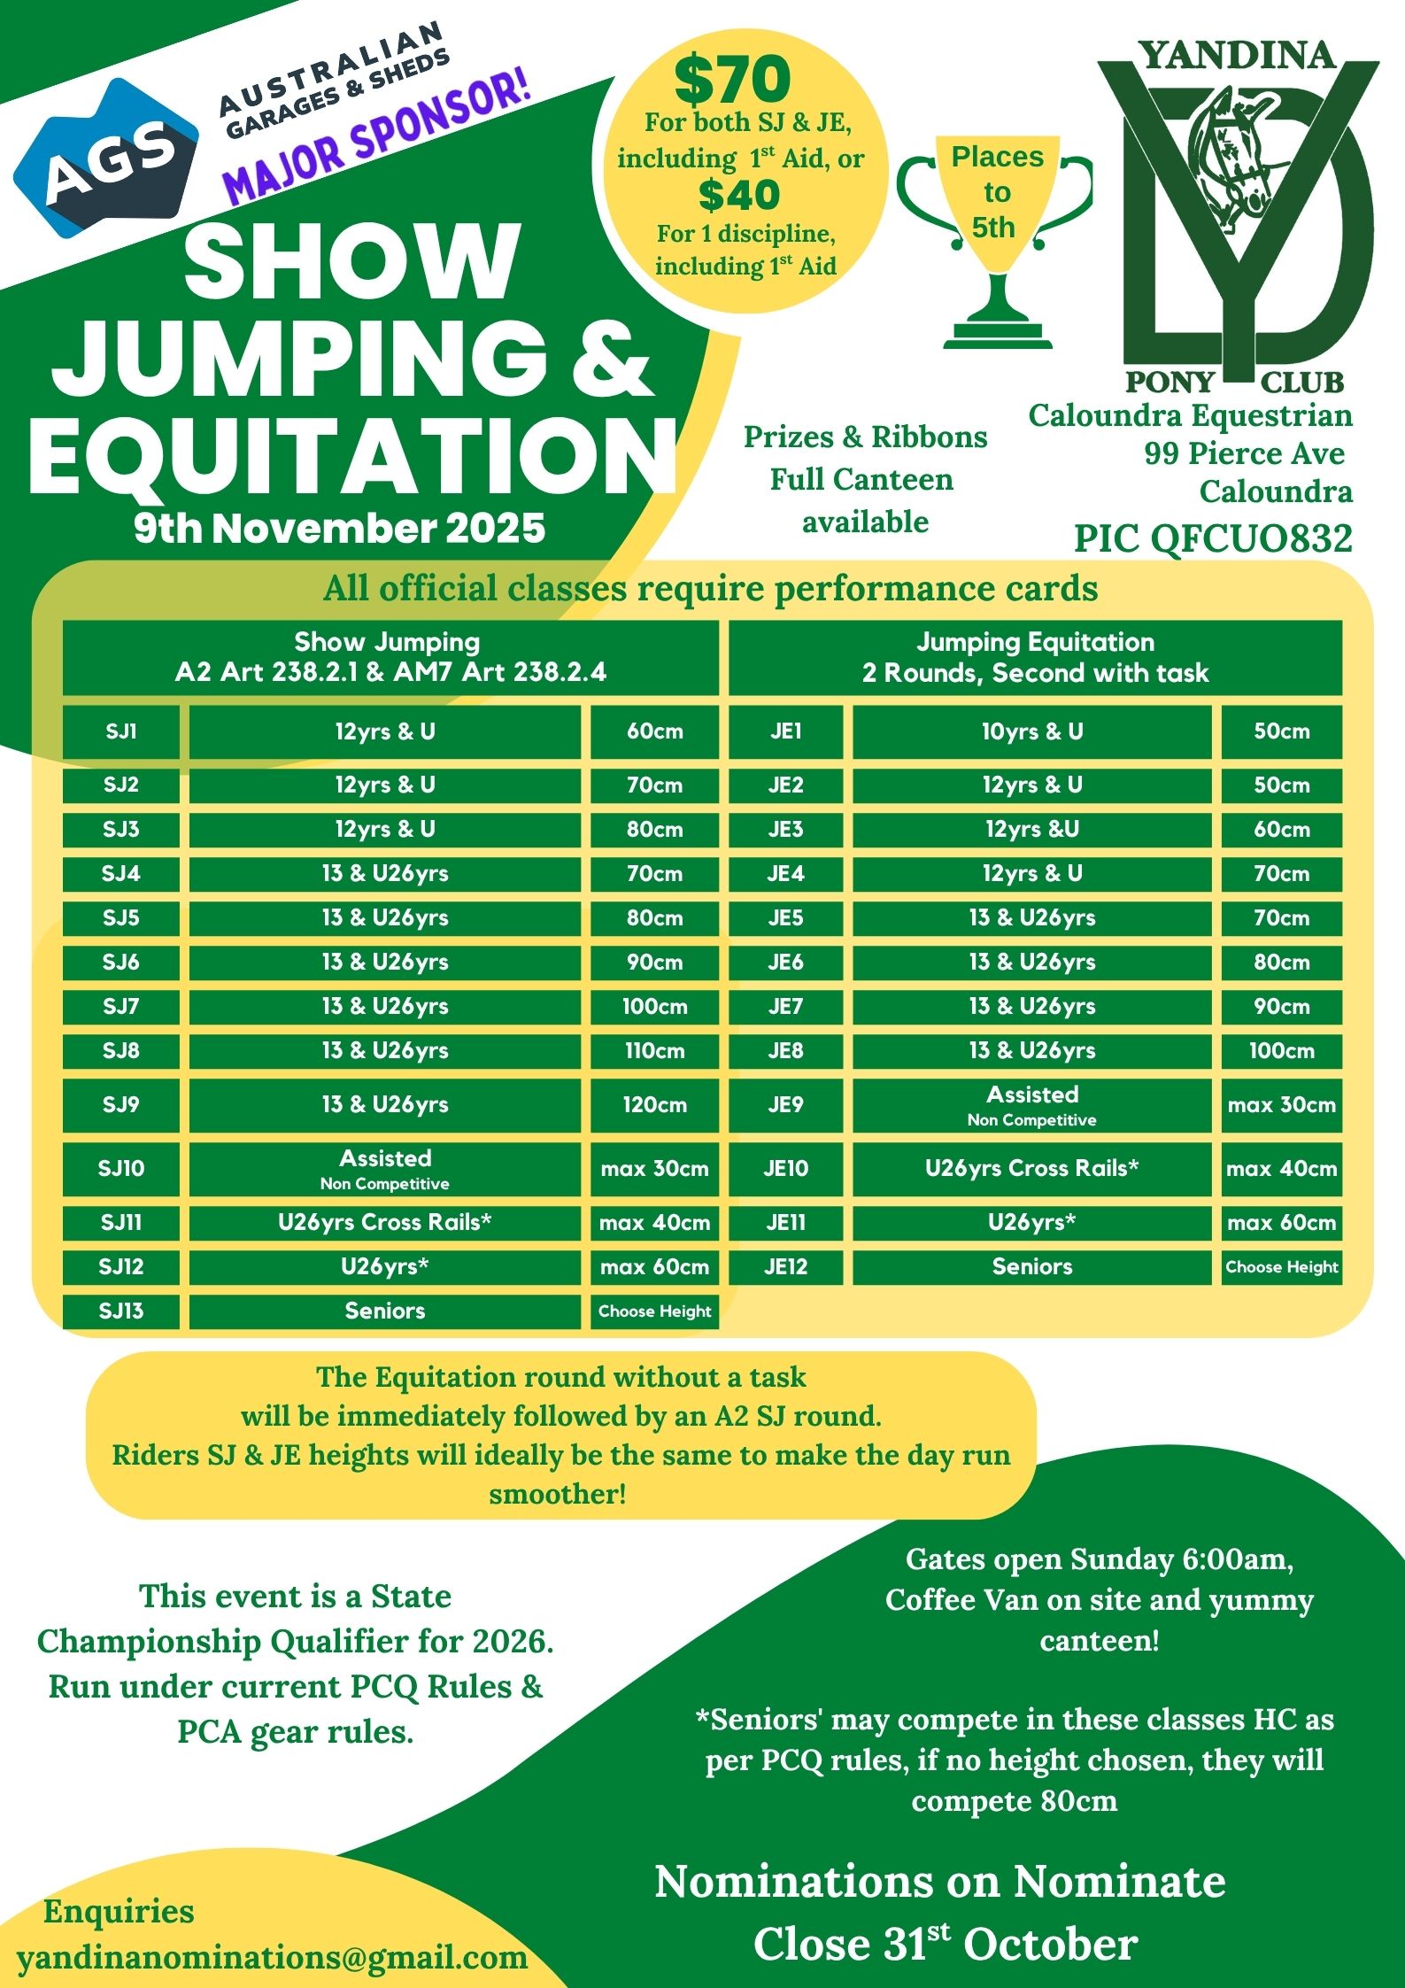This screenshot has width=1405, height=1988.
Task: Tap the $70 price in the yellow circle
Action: [732, 80]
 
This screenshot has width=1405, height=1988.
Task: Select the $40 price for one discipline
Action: [738, 196]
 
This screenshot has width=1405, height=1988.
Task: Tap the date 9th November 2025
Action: [340, 528]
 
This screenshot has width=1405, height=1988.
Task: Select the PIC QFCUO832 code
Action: [1213, 538]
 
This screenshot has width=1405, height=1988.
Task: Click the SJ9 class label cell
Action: [121, 1104]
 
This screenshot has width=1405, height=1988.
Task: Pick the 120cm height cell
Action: [654, 1104]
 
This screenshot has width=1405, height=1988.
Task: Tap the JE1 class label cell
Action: [785, 731]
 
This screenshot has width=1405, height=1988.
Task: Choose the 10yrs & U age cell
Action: [1031, 731]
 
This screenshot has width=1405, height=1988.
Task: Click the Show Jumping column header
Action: [390, 657]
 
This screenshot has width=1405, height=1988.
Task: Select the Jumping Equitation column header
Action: [1035, 657]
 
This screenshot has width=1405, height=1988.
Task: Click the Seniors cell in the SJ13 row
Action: [384, 1311]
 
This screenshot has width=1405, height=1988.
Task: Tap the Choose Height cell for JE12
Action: [1281, 1266]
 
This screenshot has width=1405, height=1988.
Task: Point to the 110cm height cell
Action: [654, 1050]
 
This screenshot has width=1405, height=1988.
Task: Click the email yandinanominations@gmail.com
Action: [273, 1956]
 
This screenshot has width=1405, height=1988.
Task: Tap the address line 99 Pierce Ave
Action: [1244, 453]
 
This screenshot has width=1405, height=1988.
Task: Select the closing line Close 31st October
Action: [945, 1945]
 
